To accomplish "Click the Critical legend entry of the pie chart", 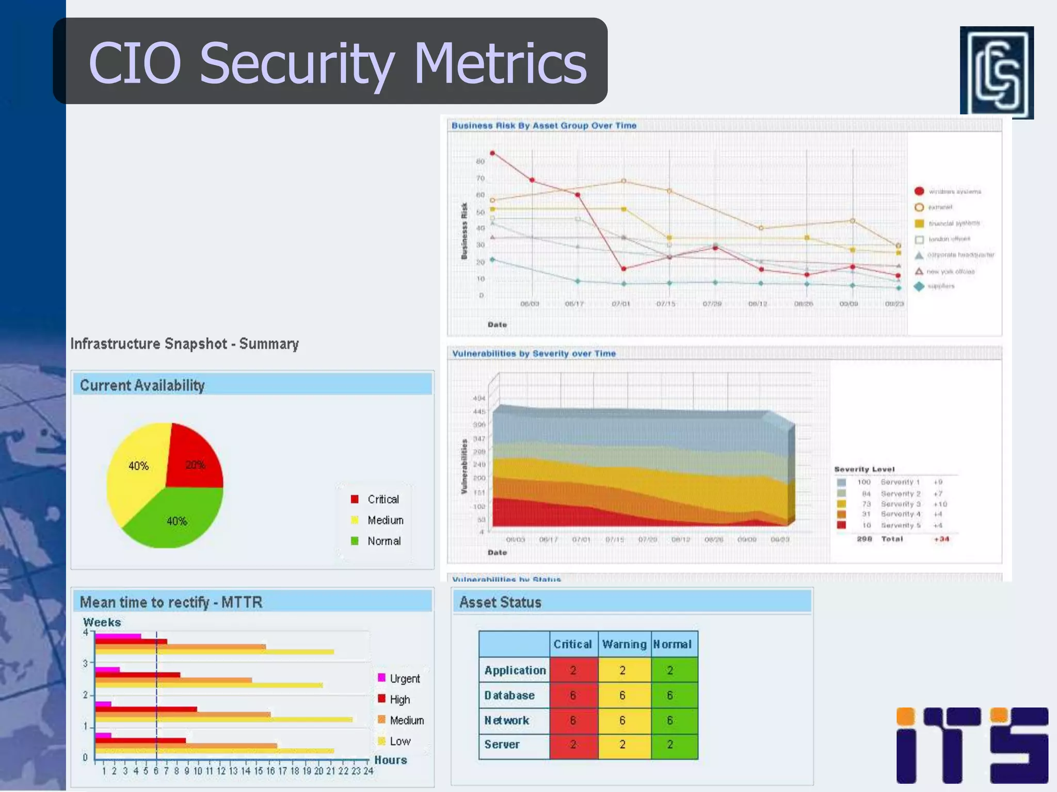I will click(x=382, y=499).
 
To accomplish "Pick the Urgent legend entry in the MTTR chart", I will click(x=404, y=679).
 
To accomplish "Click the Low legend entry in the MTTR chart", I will click(x=399, y=741).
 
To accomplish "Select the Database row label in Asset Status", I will click(x=509, y=695).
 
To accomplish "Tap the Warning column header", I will click(x=624, y=644).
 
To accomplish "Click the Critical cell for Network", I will click(x=573, y=720).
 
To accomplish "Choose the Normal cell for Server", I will click(x=670, y=744).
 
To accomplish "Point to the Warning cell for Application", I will click(x=622, y=670).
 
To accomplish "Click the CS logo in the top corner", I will click(x=996, y=72).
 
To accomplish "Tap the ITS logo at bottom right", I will click(x=972, y=745).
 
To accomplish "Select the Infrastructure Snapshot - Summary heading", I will click(x=184, y=343).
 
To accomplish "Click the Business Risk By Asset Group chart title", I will click(x=543, y=125).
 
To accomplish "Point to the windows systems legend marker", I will click(x=919, y=191).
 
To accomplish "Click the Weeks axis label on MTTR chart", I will click(x=102, y=622).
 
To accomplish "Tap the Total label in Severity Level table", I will click(x=892, y=539).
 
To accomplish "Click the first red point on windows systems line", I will click(x=492, y=153).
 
